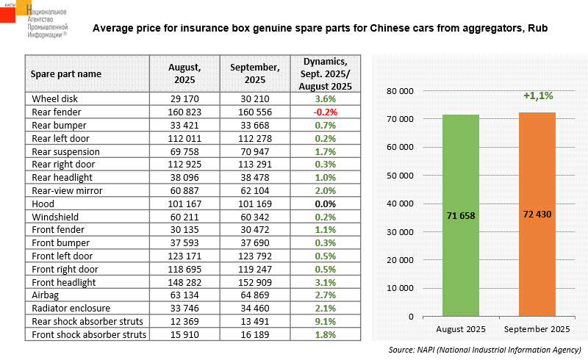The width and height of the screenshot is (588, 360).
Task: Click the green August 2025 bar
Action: pos(461,215)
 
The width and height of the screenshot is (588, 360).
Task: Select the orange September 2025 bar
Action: pos(537,214)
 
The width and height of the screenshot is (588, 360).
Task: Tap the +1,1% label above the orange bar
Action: pos(538,96)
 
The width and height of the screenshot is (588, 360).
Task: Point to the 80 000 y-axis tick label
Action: pos(400,91)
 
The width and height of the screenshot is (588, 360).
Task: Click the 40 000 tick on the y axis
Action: pos(400,204)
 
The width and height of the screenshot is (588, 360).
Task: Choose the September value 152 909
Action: pos(254,282)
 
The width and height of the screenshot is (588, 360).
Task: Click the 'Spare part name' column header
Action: pos(66,73)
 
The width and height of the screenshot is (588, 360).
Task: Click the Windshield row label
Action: pos(54,216)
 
